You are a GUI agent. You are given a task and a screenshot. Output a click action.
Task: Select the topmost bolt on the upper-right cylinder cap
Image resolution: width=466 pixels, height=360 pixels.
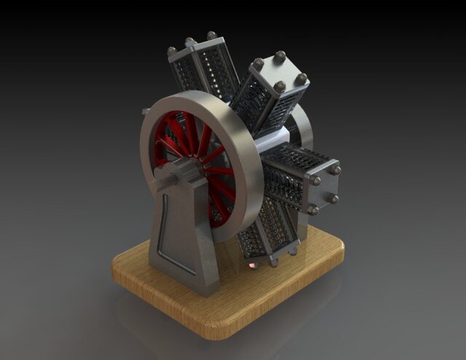pyautogui.click(x=280, y=55)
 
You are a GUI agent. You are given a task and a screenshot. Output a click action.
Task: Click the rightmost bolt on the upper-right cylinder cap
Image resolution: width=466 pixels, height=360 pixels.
pyautogui.click(x=301, y=78)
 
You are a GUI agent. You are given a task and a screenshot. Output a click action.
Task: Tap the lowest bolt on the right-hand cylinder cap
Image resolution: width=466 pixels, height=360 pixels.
pyautogui.click(x=314, y=210)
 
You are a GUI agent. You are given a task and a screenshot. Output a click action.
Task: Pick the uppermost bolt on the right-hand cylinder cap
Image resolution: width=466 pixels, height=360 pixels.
pyautogui.click(x=336, y=169)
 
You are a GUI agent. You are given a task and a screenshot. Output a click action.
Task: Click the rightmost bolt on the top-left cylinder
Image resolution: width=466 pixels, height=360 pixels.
pyautogui.click(x=212, y=35)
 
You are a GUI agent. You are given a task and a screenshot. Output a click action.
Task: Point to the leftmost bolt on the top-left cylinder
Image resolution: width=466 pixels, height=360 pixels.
pyautogui.click(x=172, y=51)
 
